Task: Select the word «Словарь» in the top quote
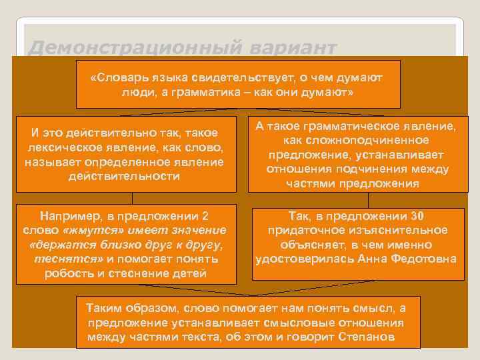tap(118, 78)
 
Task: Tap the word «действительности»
tap(124, 176)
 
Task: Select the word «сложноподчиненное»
tap(351, 141)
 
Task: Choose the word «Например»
tap(70, 216)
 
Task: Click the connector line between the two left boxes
tap(133, 197)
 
